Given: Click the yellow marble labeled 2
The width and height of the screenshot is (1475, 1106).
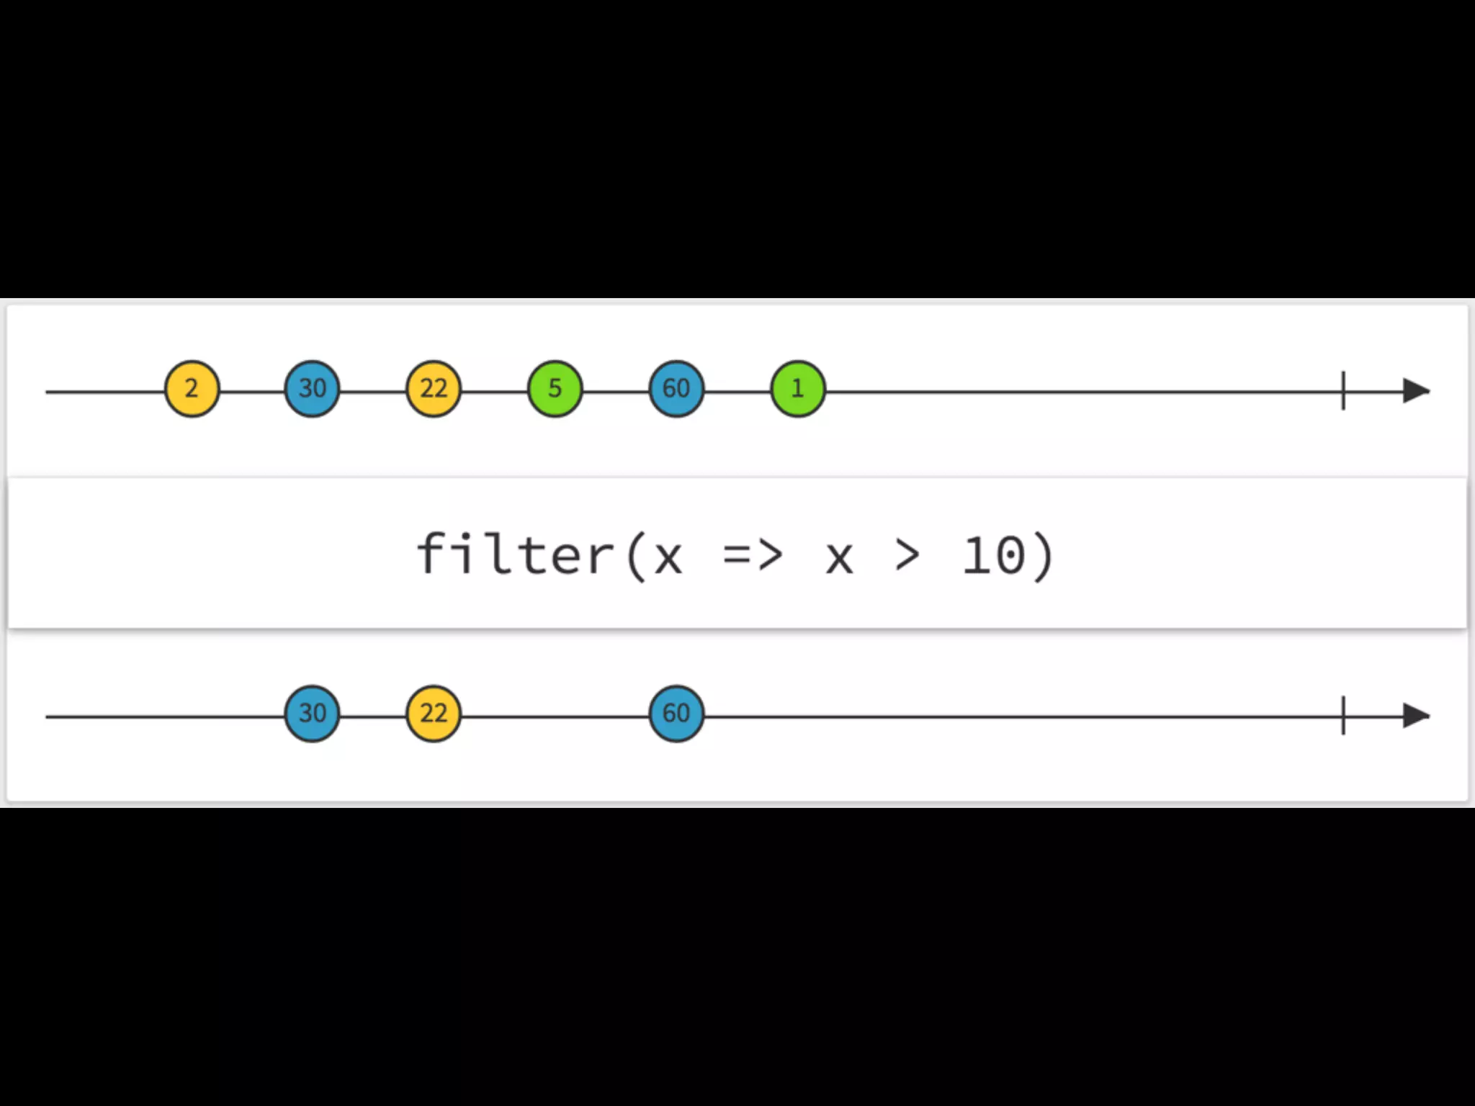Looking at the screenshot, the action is coord(192,390).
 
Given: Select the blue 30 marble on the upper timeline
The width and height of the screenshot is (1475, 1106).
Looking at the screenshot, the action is coord(312,390).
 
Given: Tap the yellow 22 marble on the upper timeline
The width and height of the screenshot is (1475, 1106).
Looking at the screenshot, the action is coord(434,390).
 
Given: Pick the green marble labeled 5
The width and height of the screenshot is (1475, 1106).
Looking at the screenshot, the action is coord(555,390).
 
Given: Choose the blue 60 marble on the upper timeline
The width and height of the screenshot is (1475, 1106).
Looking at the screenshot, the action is coord(676,390).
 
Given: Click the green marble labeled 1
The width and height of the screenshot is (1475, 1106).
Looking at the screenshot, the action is coord(797,390).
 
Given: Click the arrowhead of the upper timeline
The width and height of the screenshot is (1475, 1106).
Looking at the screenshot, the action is coord(1416,391).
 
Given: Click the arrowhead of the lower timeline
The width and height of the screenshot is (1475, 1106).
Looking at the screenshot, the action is coord(1416,716).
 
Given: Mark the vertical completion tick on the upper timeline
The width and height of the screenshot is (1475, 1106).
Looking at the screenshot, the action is coord(1343,391).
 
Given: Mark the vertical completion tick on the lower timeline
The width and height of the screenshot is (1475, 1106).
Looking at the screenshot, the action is coord(1343,716).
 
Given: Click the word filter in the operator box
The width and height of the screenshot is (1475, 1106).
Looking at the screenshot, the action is coord(514,554).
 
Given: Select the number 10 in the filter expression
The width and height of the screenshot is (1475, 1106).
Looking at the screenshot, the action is coord(994,556).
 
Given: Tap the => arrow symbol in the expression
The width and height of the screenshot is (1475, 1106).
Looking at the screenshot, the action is coord(753,556).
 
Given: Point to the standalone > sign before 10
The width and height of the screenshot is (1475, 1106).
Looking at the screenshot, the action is coord(907,556).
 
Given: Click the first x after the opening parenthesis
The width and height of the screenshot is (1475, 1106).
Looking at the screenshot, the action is coord(668,559).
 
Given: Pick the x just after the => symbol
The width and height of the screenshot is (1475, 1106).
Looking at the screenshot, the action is coord(839,559).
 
